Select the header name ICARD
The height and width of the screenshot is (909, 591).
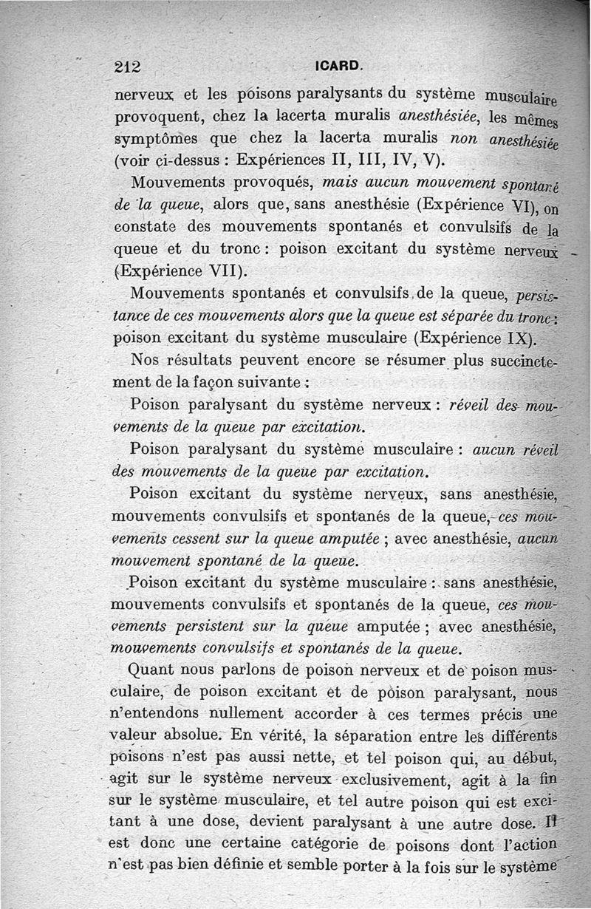tap(338, 66)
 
